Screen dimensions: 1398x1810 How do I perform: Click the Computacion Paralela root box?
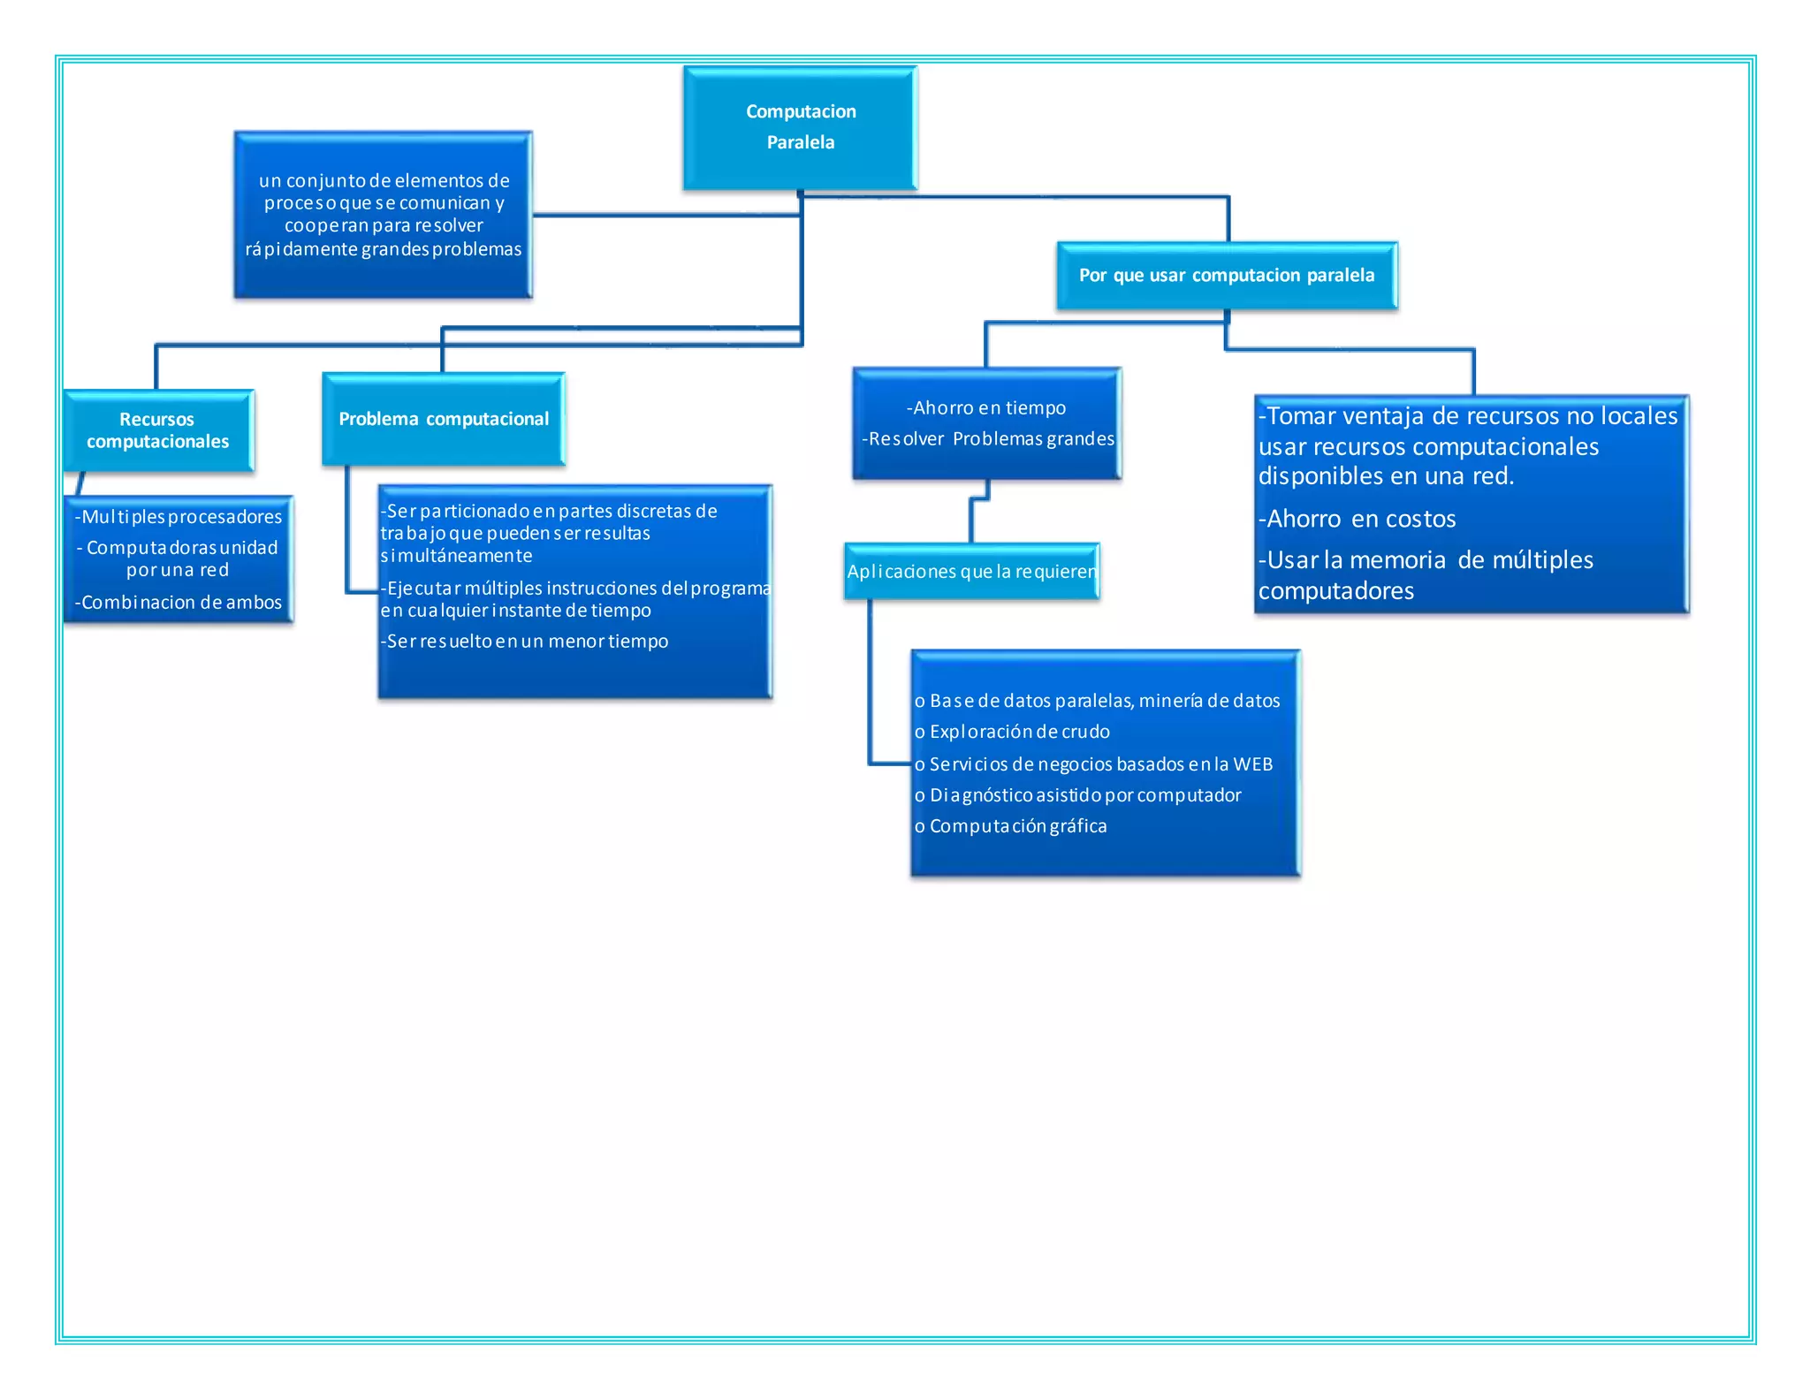pyautogui.click(x=800, y=127)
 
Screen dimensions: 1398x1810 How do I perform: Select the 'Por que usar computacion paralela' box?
pyautogui.click(x=1226, y=275)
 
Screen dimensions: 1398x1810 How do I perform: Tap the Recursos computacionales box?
pyautogui.click(x=157, y=430)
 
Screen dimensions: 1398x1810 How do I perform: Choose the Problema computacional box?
pyautogui.click(x=443, y=419)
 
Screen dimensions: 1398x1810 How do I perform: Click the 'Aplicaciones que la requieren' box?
pyautogui.click(x=971, y=571)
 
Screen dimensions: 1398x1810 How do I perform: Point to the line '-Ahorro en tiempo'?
pyautogui.click(x=986, y=407)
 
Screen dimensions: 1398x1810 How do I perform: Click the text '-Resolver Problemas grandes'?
pyautogui.click(x=988, y=438)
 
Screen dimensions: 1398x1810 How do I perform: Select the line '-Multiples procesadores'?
pyautogui.click(x=179, y=516)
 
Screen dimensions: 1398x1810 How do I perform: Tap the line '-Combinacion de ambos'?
pyautogui.click(x=179, y=602)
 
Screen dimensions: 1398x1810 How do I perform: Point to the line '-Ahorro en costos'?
pyautogui.click(x=1357, y=519)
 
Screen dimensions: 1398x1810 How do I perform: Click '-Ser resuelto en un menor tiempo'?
pyautogui.click(x=525, y=641)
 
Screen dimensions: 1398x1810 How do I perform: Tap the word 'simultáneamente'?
pyautogui.click(x=456, y=556)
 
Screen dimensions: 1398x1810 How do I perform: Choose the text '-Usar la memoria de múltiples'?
pyautogui.click(x=1426, y=559)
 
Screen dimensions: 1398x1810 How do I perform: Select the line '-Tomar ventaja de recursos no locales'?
pyautogui.click(x=1467, y=415)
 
